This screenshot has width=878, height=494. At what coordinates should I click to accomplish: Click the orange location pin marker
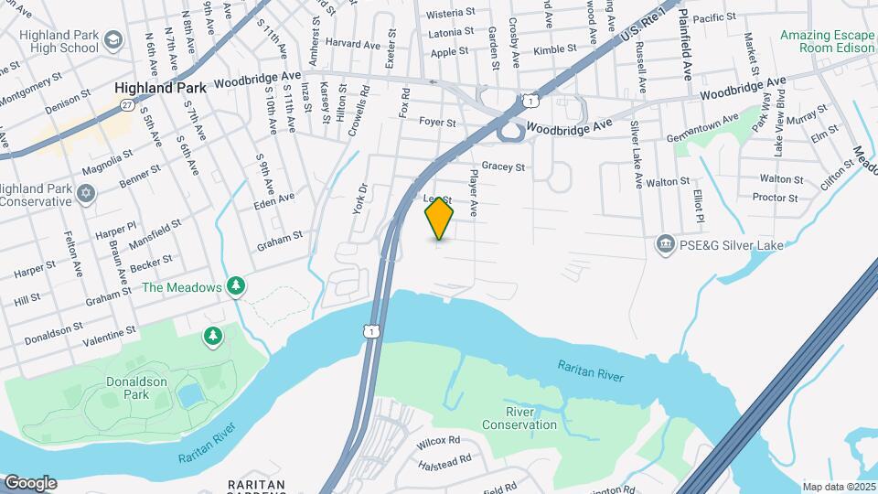(439, 218)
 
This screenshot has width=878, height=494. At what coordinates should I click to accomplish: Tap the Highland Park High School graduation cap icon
(113, 40)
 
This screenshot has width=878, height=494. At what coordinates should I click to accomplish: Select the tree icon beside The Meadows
(237, 287)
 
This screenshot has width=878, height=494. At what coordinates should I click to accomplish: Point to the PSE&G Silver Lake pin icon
(665, 243)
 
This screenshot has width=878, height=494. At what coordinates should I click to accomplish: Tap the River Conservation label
(518, 417)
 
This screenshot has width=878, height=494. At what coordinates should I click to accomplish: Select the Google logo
(30, 482)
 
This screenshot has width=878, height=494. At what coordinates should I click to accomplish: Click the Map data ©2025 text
(837, 487)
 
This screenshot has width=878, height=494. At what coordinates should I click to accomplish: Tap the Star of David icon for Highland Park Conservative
(87, 195)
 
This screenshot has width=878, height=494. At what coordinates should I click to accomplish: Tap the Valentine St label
(109, 335)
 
